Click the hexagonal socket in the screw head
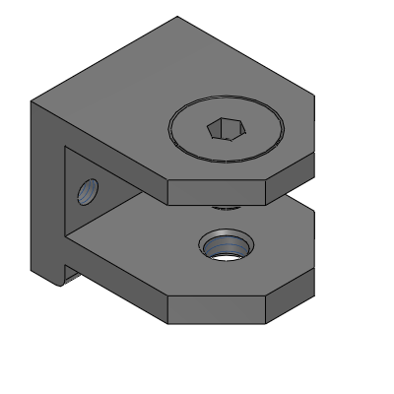coord(226,128)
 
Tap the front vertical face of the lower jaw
coord(217,310)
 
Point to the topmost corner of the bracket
coord(177,17)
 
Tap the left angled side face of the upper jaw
coord(148,177)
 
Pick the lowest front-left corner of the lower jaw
coord(167,323)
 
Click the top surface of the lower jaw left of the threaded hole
coord(148,251)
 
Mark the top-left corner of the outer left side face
coord(32,101)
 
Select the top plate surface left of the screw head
coord(118,98)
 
